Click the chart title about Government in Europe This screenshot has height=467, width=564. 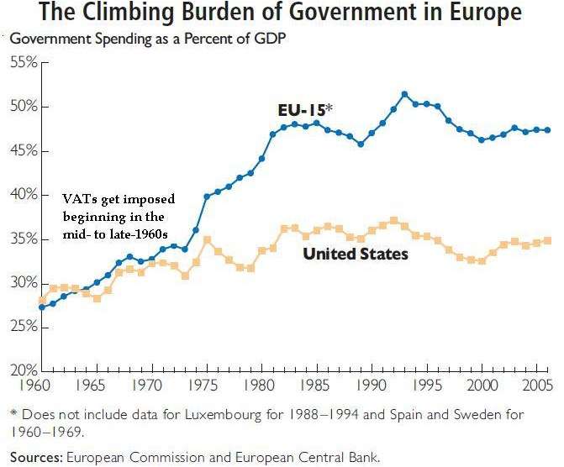coord(281,14)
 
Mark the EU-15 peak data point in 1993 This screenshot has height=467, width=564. coord(405,94)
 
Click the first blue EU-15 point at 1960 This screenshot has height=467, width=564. coord(42,307)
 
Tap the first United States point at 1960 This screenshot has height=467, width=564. coord(42,300)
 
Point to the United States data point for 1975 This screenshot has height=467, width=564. coord(207,239)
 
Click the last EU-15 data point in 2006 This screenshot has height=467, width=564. coord(549,130)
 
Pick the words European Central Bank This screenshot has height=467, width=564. coord(324,457)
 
